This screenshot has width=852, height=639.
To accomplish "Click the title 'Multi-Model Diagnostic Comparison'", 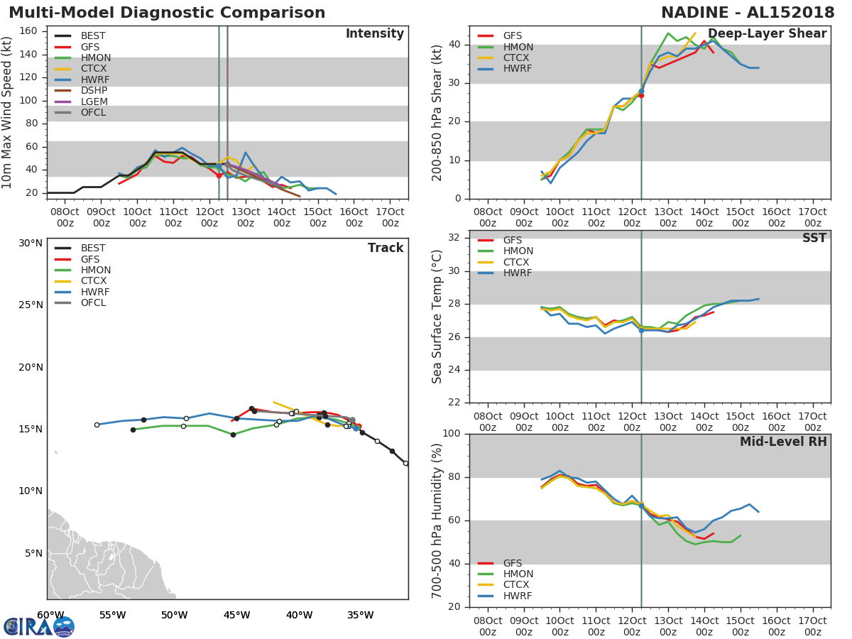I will point(167,13).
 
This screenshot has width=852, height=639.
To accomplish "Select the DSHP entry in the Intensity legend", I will point(94,91).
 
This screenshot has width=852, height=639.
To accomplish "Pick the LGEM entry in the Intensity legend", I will point(94,102).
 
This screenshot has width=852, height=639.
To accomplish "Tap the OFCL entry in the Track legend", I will point(94,303).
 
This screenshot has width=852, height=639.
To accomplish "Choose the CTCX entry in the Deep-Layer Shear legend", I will point(517,58).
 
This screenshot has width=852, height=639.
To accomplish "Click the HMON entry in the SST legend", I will point(518,251).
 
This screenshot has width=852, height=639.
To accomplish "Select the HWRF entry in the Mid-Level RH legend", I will point(517,596).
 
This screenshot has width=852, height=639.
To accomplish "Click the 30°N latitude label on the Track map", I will point(31,244).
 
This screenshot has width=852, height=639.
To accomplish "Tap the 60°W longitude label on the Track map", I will point(50,616).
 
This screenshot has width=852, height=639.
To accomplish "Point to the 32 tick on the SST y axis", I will point(453,238).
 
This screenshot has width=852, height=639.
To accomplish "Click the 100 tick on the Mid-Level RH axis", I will point(449,434).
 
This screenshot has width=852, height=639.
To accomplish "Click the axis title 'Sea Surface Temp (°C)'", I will point(438,316).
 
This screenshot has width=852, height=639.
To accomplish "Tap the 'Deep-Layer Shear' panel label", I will point(767,34).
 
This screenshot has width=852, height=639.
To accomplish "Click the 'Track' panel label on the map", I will point(386,248).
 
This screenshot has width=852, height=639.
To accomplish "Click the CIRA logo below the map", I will point(38,627).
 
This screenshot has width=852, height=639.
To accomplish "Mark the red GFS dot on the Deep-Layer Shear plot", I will point(641,94).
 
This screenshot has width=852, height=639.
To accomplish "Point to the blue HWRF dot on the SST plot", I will point(641,330).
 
